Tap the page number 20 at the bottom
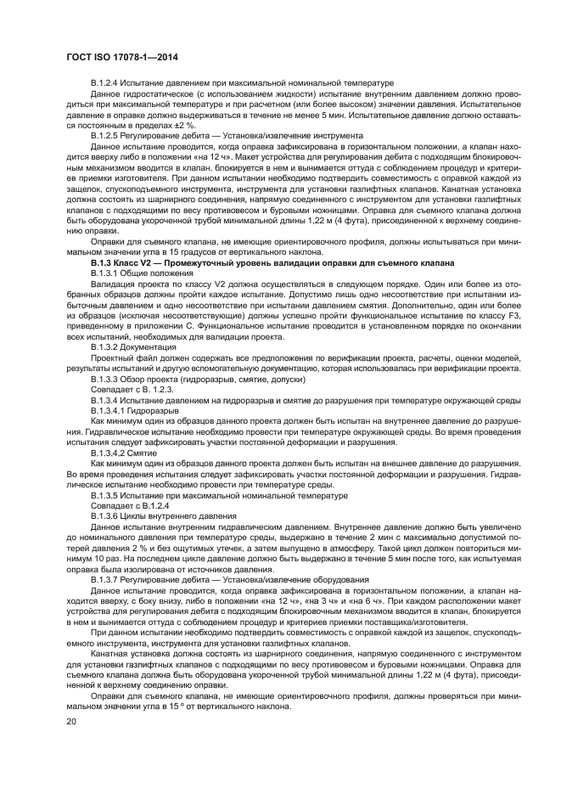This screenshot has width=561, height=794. pyautogui.click(x=70, y=722)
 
